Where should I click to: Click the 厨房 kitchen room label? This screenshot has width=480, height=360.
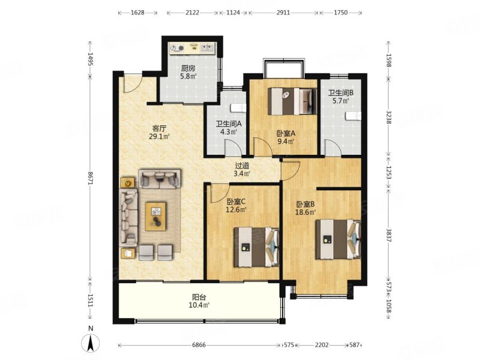(x=188, y=68)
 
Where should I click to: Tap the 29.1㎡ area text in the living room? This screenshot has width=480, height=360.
(x=159, y=137)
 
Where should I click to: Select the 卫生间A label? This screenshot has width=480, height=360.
(x=229, y=124)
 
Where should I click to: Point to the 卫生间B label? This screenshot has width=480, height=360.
(x=341, y=93)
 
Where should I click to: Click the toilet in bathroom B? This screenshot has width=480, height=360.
(x=353, y=116)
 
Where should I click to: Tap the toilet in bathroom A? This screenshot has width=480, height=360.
(x=238, y=109)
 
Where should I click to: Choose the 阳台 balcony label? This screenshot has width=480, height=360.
(x=199, y=297)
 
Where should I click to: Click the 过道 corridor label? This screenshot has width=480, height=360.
(x=242, y=166)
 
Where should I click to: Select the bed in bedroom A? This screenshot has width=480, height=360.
(x=292, y=101)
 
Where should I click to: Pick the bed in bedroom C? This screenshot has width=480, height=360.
(x=257, y=247)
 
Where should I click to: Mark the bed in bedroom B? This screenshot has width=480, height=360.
(x=338, y=239)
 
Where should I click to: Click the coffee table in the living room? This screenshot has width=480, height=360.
(x=155, y=217)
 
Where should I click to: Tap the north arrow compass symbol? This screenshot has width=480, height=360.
(x=91, y=343)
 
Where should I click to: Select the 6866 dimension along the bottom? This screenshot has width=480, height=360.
(x=199, y=345)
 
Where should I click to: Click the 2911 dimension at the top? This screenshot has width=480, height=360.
(x=283, y=13)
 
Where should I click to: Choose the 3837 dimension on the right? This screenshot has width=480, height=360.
(x=389, y=235)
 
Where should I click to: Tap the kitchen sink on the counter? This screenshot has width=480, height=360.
(x=208, y=48)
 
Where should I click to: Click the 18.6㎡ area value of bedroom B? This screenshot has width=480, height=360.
(x=305, y=212)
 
